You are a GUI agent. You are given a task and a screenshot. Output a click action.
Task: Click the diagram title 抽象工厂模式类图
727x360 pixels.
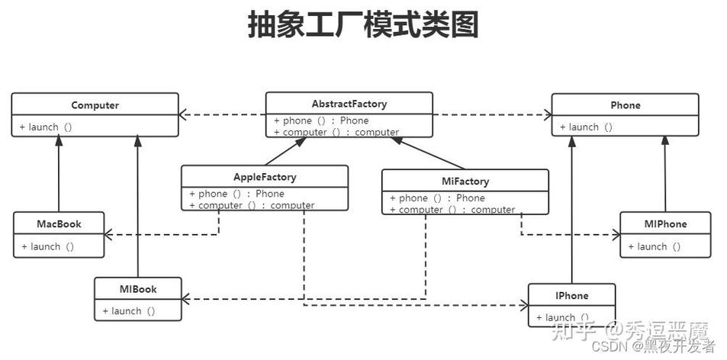coord(363,25)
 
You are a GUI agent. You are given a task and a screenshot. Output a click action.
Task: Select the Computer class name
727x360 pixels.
coord(95,105)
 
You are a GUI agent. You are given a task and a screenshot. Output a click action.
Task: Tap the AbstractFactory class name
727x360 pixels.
coord(349,104)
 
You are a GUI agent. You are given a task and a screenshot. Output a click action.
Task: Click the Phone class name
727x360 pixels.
coord(625,105)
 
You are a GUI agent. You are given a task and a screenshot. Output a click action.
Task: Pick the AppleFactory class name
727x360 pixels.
coord(264,177)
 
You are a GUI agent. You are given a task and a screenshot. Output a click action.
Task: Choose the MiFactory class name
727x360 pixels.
coord(465,182)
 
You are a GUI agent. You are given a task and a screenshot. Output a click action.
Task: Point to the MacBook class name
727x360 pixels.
coord(59,224)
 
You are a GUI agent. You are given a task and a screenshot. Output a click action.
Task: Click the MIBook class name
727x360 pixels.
coord(138,289)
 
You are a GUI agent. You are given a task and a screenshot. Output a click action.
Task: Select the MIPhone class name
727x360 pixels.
coord(664,224)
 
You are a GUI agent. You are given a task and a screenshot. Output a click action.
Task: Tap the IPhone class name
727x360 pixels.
coord(571,295)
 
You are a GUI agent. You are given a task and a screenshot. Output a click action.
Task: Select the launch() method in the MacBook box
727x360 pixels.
coord(47,246)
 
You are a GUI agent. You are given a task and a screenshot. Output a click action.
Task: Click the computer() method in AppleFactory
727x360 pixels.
coord(251,205)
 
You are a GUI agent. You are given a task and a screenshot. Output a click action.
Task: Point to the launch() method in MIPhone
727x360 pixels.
coord(655,246)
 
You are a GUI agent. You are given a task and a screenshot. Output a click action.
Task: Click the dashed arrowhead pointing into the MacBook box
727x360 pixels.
coord(109,234)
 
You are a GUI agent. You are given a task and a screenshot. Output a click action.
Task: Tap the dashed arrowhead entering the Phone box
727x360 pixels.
coord(547,115)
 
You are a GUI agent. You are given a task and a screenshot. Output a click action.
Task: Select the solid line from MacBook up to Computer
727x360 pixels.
coord(59,175)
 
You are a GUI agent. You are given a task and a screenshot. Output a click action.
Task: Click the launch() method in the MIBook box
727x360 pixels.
coord(129,310)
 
